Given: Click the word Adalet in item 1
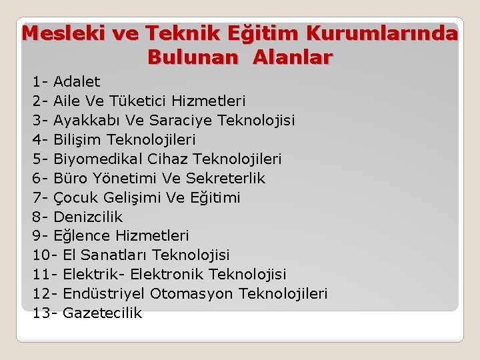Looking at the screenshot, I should pyautogui.click(x=77, y=82).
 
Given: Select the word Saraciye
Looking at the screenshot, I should pyautogui.click(x=171, y=121).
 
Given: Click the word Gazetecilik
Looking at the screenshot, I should pyautogui.click(x=102, y=313).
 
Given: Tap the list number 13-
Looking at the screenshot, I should pyautogui.click(x=44, y=313).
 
